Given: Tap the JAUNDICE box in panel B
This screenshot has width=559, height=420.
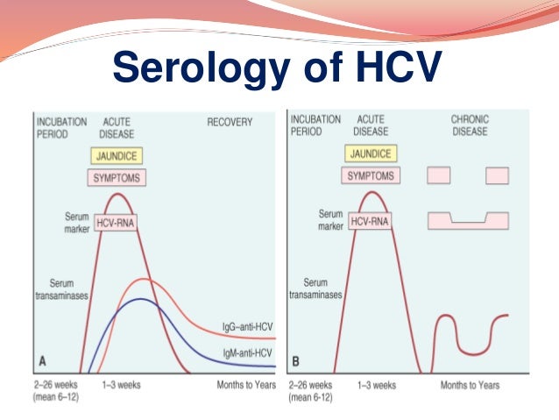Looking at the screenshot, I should point(370,153).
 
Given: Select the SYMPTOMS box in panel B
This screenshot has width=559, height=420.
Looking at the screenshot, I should point(370,175).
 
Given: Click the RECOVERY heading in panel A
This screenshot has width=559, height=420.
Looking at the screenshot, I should point(230,122).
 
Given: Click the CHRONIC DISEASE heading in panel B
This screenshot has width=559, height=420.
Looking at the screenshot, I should point(471,125).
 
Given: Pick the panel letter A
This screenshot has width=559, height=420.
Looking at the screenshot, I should point(43,359).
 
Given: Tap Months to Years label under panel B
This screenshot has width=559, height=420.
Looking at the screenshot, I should point(470,385).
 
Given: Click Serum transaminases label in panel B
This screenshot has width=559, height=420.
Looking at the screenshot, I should point(315,290).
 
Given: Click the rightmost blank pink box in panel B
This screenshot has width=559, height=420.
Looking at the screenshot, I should point(497,174).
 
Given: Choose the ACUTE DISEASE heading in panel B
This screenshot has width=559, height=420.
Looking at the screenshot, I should point(371,125).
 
